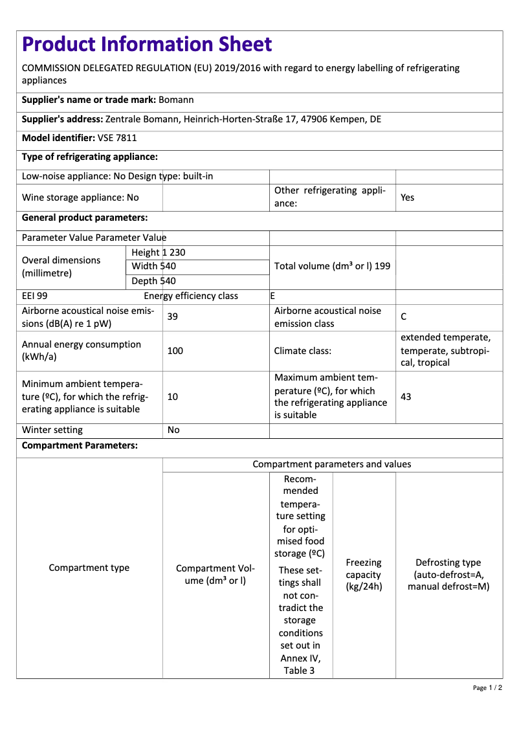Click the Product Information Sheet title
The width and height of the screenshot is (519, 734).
[x=147, y=45]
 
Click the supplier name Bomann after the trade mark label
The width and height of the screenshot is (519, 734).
[x=176, y=100]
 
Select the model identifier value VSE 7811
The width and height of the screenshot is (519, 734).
[x=117, y=138]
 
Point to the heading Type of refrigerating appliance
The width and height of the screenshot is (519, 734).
[x=90, y=157]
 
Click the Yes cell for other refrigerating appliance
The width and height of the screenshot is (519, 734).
[x=407, y=197]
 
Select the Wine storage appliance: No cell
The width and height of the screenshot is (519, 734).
[x=80, y=197]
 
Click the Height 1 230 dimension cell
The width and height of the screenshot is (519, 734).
[x=159, y=252]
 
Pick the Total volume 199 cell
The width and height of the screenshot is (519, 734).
[x=332, y=266]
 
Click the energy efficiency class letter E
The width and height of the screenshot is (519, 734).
[x=272, y=296]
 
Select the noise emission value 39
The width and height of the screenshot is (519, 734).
[x=173, y=317]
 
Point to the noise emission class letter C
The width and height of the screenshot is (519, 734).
[x=404, y=317]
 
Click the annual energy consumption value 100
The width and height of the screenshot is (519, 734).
[x=175, y=351]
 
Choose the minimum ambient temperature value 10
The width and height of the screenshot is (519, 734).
[x=173, y=397]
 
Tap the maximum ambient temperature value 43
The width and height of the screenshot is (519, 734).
[x=406, y=397]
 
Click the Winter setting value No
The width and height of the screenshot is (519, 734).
[x=173, y=430]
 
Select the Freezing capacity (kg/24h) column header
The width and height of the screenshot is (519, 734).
[x=364, y=575]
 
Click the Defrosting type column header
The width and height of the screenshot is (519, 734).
[x=448, y=575]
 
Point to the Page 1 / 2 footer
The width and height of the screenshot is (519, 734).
[x=487, y=687]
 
